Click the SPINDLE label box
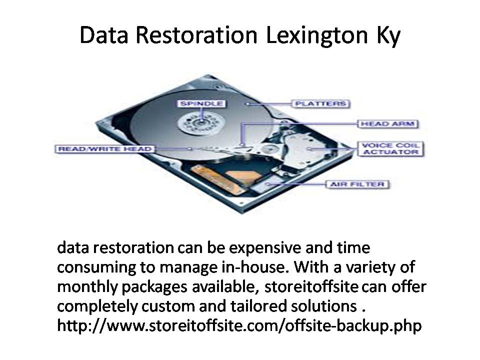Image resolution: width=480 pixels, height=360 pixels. point(201,103)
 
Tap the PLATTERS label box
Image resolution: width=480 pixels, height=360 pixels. point(320,104)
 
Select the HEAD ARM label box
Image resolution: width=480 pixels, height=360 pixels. point(388,123)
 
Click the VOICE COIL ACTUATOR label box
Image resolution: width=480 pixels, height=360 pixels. point(390,149)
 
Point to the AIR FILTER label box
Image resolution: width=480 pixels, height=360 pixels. point(357,184)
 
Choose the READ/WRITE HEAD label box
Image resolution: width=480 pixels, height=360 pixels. point(104,149)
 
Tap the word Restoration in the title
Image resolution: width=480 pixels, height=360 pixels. point(196,35)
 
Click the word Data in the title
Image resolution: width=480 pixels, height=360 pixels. point(104,35)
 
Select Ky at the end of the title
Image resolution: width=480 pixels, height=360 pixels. point(388,36)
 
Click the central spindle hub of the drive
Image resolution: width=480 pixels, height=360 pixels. point(201,122)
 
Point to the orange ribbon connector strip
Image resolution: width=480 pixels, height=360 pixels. point(217,179)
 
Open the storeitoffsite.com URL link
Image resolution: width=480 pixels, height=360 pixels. point(239,325)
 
